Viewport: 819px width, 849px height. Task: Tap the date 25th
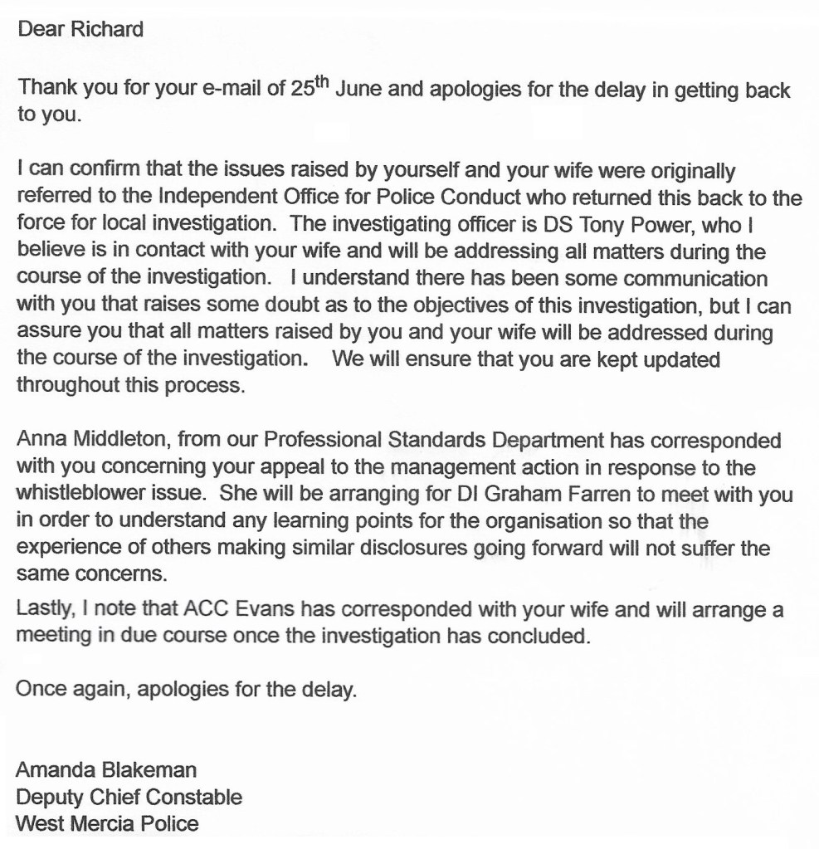(311, 89)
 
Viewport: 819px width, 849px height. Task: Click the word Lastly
(42, 612)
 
